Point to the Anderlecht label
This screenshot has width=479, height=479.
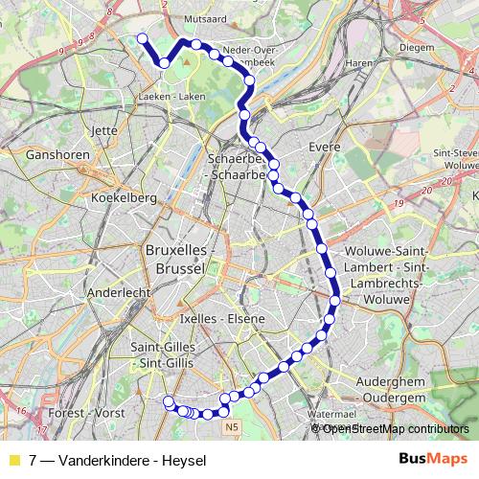pos(113,292)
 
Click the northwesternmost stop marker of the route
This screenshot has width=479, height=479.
pos(143,38)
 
